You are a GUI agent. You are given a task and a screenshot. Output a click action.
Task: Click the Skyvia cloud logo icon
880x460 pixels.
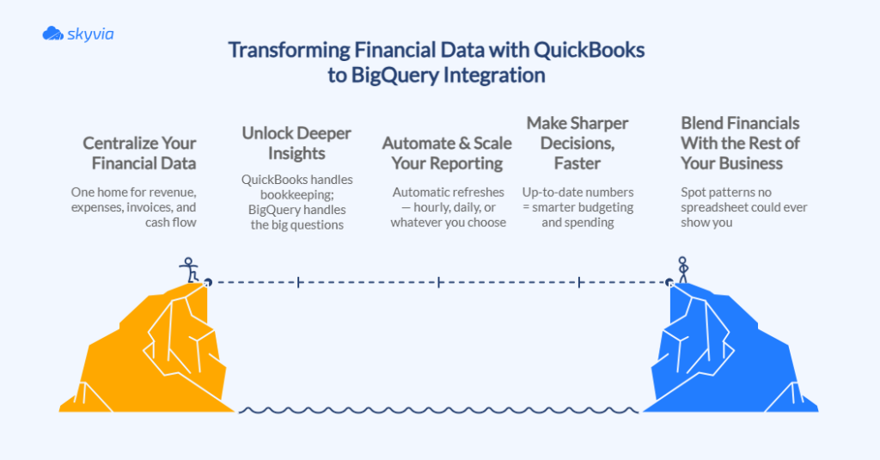pyautogui.click(x=53, y=34)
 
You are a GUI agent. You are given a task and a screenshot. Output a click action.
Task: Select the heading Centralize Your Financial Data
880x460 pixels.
pyautogui.click(x=139, y=152)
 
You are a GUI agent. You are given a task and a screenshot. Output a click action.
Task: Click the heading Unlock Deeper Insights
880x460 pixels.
pyautogui.click(x=296, y=143)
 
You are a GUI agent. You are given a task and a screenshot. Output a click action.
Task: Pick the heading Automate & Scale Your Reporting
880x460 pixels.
pyautogui.click(x=446, y=152)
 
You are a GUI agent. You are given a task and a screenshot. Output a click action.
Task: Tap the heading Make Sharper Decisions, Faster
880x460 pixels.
pyautogui.click(x=577, y=143)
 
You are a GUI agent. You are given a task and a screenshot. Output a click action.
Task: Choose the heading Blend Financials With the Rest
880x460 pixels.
pyautogui.click(x=740, y=143)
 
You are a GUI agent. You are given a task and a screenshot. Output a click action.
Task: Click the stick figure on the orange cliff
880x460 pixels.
pyautogui.click(x=189, y=269)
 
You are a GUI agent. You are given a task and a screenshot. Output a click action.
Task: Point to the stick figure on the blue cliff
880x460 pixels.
pyautogui.click(x=683, y=269)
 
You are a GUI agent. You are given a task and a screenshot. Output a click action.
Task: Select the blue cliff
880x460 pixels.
pyautogui.click(x=730, y=353)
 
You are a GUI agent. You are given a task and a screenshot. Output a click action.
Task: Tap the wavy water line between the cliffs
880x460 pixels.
pyautogui.click(x=438, y=410)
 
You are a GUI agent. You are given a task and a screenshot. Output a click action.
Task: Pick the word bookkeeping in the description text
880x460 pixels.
pyautogui.click(x=297, y=195)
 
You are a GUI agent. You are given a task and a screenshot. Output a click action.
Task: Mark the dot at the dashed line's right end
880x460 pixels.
pyautogui.click(x=669, y=281)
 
